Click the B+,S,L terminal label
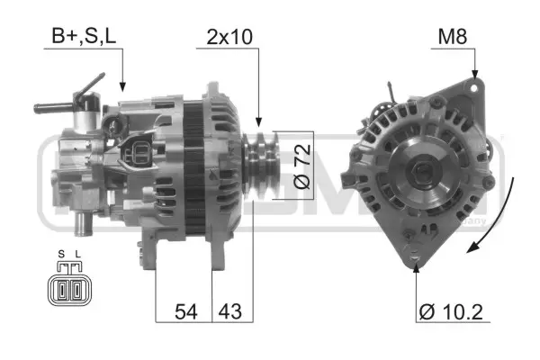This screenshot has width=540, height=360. (83, 39)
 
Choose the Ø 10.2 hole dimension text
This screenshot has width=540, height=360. (454, 312)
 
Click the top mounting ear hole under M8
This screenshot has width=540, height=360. (473, 89)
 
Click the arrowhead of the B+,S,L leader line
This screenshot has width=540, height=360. (122, 89)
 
